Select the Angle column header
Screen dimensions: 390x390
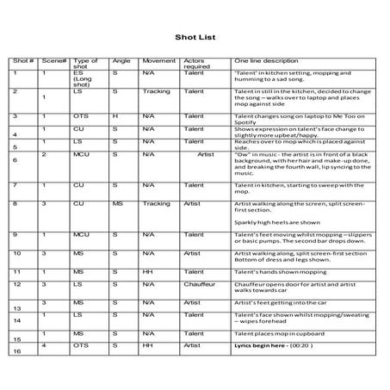(120, 62)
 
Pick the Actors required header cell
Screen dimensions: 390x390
(197, 65)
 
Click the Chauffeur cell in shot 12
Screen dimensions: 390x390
(201, 283)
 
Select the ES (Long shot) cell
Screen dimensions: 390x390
(86, 82)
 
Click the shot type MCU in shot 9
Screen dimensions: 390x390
(82, 234)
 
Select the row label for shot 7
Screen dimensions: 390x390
(15, 185)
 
